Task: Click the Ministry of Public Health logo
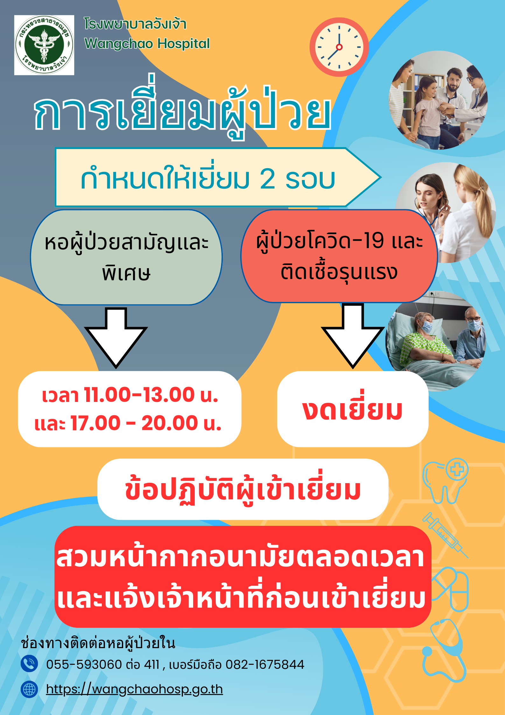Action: pos(44,45)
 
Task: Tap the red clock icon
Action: pos(339,47)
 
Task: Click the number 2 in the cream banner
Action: pos(268,179)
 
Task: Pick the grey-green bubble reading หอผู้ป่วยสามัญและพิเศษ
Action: pos(126,257)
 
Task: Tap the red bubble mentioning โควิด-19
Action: pos(339,256)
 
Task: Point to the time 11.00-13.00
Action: pos(139,395)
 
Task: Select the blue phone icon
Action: pos(29,664)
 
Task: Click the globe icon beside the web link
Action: pos(29,690)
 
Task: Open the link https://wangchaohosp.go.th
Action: pos(134,690)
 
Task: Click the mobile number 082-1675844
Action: pos(265,665)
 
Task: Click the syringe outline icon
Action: pos(445,535)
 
